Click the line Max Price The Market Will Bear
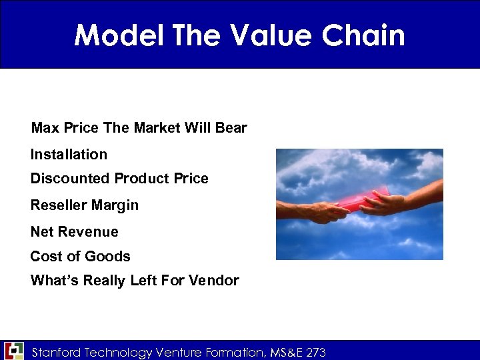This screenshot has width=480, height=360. [x=139, y=127]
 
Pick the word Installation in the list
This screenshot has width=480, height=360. [x=69, y=154]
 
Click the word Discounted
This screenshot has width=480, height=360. [x=70, y=179]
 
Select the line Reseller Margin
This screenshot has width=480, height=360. [x=85, y=205]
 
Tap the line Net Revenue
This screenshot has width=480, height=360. [x=74, y=232]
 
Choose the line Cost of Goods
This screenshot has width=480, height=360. [x=80, y=256]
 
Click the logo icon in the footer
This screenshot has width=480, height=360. [x=14, y=351]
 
